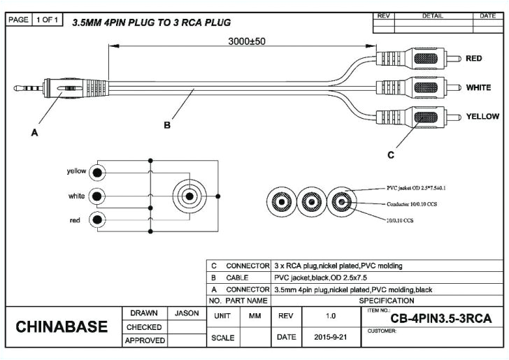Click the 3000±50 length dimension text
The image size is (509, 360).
coord(247,41)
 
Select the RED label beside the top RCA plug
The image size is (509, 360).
coord(474,59)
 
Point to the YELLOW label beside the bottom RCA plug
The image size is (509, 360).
coord(482,116)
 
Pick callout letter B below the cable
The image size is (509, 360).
coord(167,126)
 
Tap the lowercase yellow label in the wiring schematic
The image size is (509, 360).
coord(76,171)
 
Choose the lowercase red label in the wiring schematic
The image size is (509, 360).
coord(74,221)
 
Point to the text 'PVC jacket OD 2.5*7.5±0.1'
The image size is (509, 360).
coord(417,189)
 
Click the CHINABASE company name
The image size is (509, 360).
coord(62,327)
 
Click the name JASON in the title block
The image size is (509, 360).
coord(187,313)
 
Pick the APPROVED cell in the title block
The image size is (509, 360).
coord(145,340)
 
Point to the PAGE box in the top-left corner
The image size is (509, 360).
coord(19,20)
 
